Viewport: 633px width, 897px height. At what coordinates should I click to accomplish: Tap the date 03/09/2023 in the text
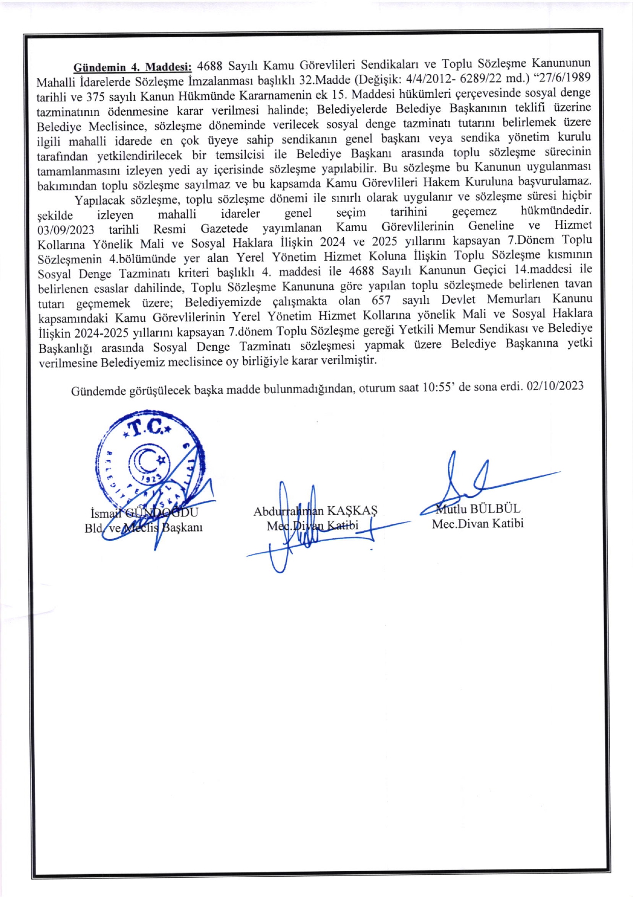point(66,230)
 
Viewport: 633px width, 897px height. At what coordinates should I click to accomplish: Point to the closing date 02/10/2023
point(555,386)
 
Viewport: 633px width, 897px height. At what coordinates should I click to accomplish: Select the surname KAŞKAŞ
point(352,510)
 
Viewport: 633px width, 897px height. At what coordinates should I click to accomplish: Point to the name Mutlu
point(451,509)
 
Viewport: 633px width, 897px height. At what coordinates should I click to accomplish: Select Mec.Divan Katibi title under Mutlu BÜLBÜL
point(477,523)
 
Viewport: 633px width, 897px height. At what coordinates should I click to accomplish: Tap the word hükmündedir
point(556,211)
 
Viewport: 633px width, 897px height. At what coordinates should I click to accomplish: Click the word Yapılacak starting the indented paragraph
point(99,200)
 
